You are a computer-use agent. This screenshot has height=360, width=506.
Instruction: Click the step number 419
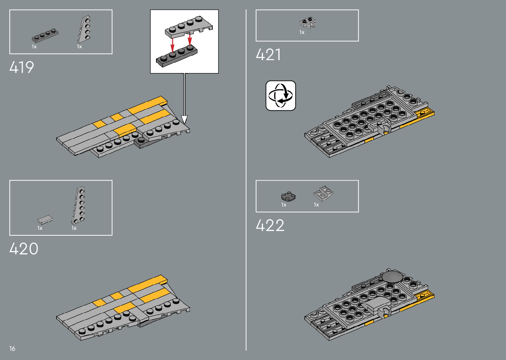tap(22, 67)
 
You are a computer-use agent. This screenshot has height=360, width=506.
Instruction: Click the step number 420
tap(24, 249)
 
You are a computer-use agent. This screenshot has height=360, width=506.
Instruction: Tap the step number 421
tap(268, 55)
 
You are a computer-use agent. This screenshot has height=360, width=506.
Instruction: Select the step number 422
tap(270, 226)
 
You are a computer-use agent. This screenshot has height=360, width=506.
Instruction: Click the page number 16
tap(12, 348)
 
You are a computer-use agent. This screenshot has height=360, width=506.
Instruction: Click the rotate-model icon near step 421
tap(281, 96)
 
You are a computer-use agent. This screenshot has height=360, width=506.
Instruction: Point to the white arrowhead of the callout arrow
tap(184, 120)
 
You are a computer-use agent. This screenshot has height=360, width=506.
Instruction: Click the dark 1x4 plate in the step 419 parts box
tap(45, 35)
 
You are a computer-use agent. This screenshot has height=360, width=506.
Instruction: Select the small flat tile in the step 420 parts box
tap(45, 220)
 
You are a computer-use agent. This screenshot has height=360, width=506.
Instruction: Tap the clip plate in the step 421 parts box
tap(308, 23)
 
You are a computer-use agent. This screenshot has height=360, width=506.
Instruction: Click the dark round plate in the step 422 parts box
tap(288, 196)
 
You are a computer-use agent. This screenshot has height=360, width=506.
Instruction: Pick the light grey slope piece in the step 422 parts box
tap(323, 193)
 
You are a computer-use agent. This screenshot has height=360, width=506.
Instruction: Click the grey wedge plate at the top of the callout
tap(188, 26)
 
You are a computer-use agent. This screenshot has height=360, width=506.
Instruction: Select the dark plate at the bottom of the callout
tap(176, 56)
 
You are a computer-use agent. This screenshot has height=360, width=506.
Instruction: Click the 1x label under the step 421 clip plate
tap(302, 32)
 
